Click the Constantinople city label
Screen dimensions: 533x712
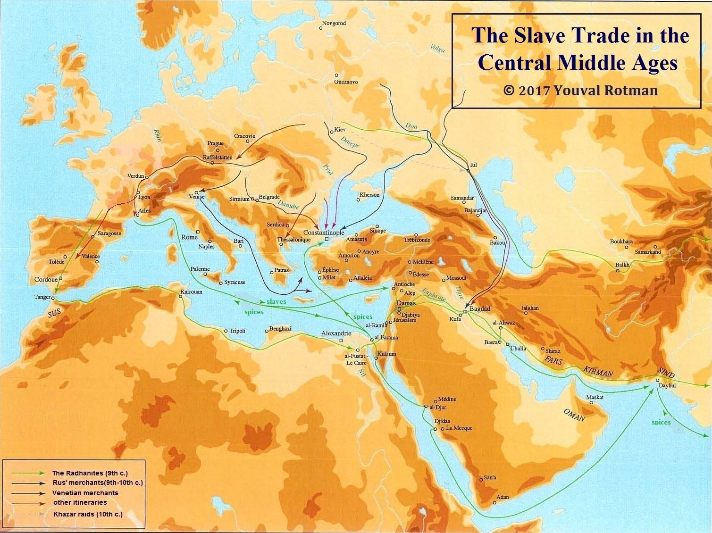(x=324, y=233)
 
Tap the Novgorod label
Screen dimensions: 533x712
(x=334, y=23)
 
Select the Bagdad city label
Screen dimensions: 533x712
(x=480, y=308)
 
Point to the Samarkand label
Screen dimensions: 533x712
(x=648, y=252)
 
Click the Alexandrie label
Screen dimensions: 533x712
(x=336, y=333)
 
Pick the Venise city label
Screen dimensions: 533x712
(x=196, y=197)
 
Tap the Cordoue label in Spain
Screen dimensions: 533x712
(x=46, y=279)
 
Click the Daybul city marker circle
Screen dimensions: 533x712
(x=657, y=380)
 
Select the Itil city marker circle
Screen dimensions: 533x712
(x=468, y=170)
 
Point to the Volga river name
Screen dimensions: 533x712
(x=437, y=48)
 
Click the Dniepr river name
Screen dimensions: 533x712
(x=350, y=142)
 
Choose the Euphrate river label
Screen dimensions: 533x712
(x=434, y=295)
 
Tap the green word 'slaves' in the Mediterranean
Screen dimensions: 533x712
(x=276, y=301)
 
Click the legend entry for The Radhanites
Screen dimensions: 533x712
(x=90, y=473)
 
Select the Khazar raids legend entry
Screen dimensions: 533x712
(x=88, y=514)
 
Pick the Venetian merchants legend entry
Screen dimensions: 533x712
(x=85, y=493)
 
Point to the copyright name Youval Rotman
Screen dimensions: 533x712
(x=605, y=90)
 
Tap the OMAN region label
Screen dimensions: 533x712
(x=574, y=415)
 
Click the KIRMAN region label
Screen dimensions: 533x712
(x=598, y=371)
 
